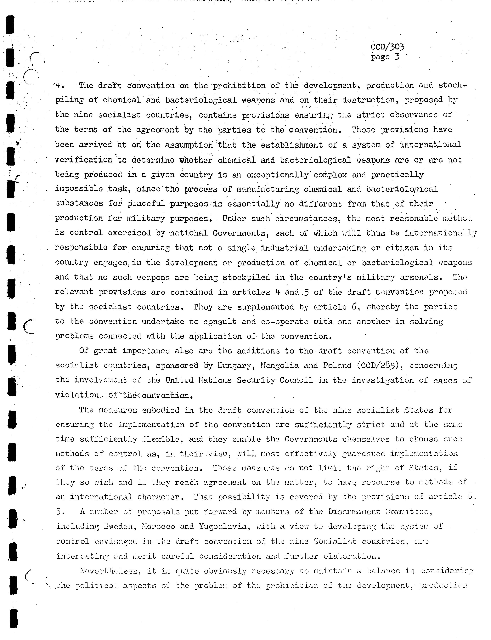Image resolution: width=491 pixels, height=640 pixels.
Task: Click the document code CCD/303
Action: coord(387,47)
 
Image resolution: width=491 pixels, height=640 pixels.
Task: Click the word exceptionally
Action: coord(277,175)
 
